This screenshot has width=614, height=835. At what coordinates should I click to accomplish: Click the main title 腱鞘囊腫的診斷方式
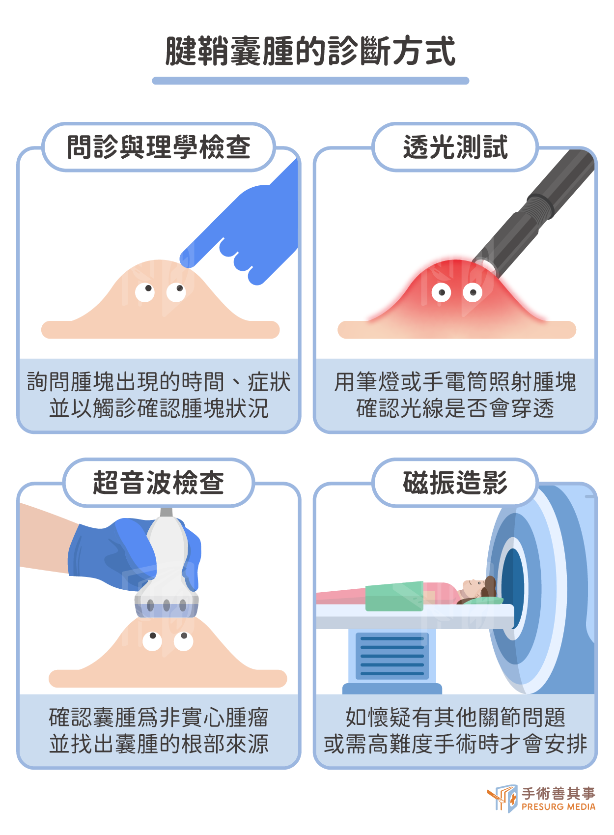[310, 51]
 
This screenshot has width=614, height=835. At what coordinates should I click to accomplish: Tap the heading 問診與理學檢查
[159, 147]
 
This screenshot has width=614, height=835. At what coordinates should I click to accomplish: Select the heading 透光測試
[455, 147]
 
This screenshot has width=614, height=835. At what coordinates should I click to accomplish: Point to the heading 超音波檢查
[159, 482]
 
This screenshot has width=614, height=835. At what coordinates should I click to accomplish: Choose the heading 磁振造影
[455, 482]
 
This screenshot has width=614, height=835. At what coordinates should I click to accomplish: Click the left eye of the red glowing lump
[441, 292]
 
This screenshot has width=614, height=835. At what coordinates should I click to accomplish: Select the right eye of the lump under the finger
[176, 292]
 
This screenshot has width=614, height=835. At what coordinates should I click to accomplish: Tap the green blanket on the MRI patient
[394, 596]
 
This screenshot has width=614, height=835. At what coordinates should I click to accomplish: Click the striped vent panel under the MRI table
[392, 656]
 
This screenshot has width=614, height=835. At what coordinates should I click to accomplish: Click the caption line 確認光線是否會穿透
[455, 408]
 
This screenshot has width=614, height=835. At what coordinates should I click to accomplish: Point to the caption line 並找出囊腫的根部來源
[159, 744]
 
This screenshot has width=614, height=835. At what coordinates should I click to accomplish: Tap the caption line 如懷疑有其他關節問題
[455, 717]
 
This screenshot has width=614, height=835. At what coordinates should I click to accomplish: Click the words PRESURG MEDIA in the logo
[558, 807]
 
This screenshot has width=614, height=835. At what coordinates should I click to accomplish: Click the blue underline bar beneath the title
[310, 81]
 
